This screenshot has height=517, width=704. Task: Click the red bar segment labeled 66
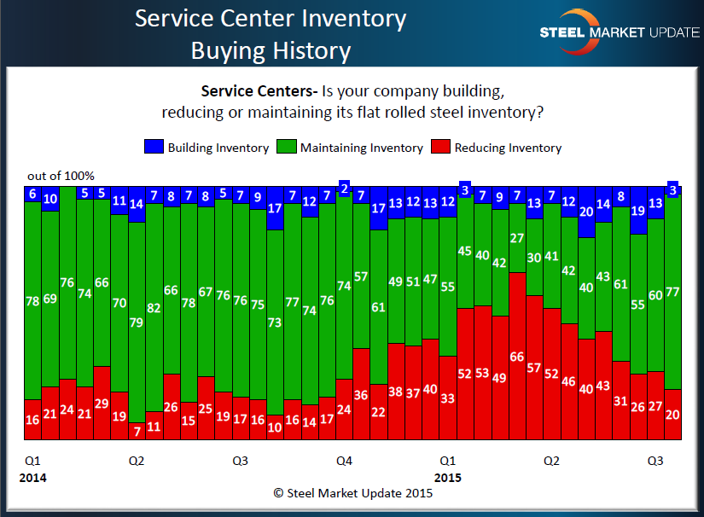(x=516, y=356)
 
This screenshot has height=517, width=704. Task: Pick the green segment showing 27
(x=516, y=239)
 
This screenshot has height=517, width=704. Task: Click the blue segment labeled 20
(x=585, y=212)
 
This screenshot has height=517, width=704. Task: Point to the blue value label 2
(x=345, y=188)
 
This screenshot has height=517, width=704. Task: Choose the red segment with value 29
(x=102, y=403)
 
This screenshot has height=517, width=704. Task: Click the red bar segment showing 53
(x=482, y=373)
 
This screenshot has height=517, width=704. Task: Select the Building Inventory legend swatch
(x=154, y=148)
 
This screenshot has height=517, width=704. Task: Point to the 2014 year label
(x=32, y=477)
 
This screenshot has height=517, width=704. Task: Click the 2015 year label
(x=449, y=477)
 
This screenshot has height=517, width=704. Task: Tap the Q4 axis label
(x=344, y=461)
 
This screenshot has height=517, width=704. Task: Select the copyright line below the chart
(x=352, y=493)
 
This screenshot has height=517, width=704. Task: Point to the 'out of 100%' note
(x=61, y=176)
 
